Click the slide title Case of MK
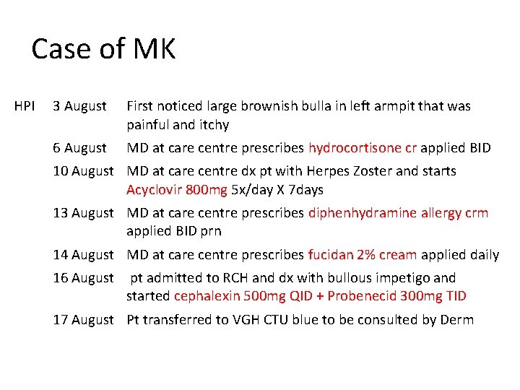coord(103,50)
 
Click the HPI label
coord(25,106)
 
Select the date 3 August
coord(79,106)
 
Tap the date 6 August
coord(79,148)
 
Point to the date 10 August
coord(83,171)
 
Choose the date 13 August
coord(83,213)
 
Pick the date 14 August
coord(83,254)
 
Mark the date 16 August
coord(83,277)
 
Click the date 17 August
coord(83,319)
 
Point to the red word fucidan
coord(329,254)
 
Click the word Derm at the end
coord(457,319)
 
